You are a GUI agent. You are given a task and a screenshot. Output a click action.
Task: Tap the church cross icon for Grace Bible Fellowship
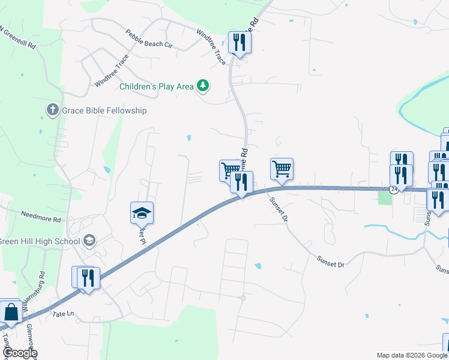[52, 110]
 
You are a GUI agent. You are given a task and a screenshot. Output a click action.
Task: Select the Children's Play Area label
[156, 86]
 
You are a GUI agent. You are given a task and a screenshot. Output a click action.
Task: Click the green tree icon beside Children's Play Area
[203, 86]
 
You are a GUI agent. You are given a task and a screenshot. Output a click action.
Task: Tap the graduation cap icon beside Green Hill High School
[89, 241]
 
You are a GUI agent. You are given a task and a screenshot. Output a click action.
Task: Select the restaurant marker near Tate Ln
[88, 278]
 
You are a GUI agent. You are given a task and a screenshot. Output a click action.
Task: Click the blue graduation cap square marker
[142, 213]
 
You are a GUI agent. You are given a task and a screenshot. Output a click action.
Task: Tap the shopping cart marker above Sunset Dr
[282, 169]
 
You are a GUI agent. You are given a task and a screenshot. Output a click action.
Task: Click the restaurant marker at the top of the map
[240, 43]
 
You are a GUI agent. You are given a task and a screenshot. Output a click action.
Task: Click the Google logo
[20, 353]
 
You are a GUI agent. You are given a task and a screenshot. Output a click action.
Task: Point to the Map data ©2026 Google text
[411, 355]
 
